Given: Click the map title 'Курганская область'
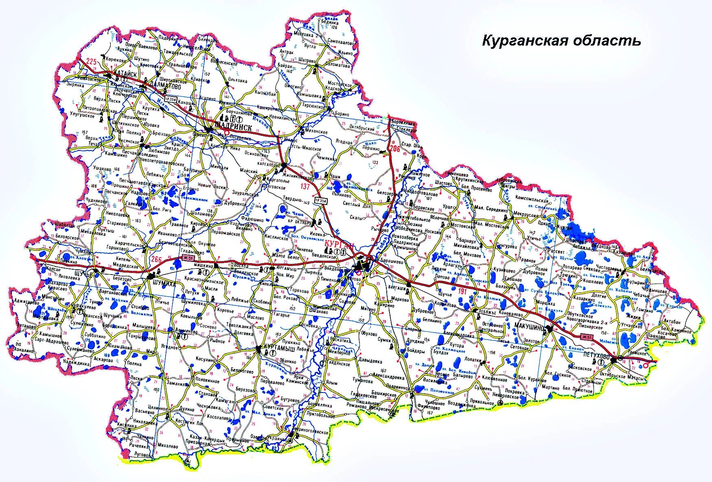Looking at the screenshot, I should (x=561, y=41).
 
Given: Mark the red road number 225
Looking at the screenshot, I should (x=92, y=62).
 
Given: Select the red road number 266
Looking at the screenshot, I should (x=156, y=260).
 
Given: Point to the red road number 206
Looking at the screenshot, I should (x=394, y=148).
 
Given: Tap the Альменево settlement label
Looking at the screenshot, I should (x=186, y=331).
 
